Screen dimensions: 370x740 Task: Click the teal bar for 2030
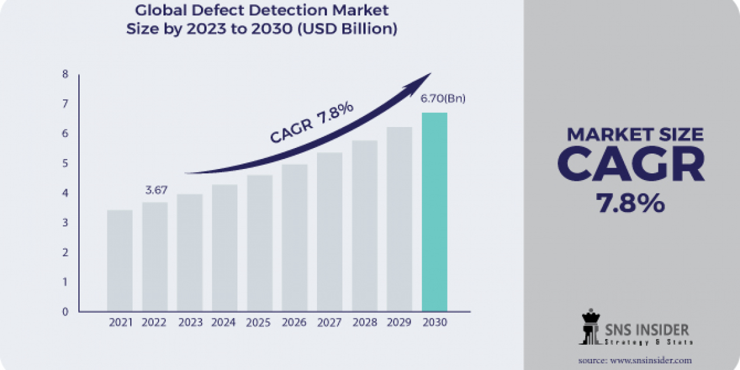[434, 212]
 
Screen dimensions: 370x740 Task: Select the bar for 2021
[120, 260]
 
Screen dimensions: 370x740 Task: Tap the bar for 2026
[294, 237]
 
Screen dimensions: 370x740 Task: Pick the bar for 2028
[364, 226]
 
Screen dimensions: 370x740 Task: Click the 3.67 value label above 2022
[155, 190]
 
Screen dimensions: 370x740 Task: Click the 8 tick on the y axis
[65, 75]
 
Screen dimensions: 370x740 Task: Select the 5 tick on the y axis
[65, 163]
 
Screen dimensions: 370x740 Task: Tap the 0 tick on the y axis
[65, 311]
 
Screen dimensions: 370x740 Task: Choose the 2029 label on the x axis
[400, 323]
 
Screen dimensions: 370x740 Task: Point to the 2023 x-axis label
[189, 323]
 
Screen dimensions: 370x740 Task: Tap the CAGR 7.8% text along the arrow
[311, 123]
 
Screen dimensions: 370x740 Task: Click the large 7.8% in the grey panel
[631, 203]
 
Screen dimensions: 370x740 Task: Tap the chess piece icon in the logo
[590, 327]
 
